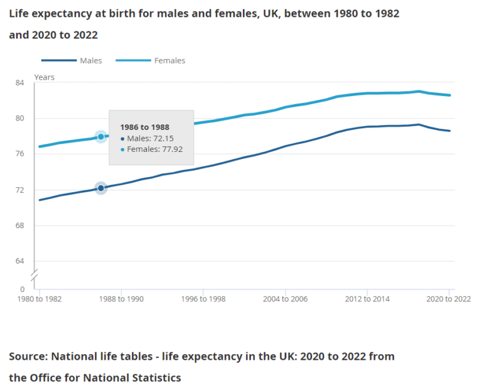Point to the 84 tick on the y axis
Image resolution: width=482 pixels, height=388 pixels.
click(19, 83)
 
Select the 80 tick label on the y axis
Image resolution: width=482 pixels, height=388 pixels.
click(19, 119)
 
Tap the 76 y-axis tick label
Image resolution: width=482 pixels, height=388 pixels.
click(19, 154)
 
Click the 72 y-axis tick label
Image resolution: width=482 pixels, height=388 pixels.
click(19, 190)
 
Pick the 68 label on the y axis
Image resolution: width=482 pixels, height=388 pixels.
click(19, 226)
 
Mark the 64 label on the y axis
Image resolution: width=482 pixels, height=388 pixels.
click(19, 261)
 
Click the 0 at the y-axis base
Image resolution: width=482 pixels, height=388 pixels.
click(22, 289)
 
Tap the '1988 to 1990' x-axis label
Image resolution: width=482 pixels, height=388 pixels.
click(121, 299)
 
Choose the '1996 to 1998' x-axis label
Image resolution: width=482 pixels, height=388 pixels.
click(203, 299)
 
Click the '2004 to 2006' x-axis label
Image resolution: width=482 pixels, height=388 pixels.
click(285, 299)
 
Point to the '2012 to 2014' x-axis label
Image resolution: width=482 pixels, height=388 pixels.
click(367, 299)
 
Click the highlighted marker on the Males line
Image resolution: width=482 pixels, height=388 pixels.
click(100, 188)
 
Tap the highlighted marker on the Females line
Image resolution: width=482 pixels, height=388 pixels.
click(100, 136)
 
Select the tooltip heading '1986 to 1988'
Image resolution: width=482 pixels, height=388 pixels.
click(144, 127)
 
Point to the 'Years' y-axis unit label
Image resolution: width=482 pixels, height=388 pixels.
click(44, 77)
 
